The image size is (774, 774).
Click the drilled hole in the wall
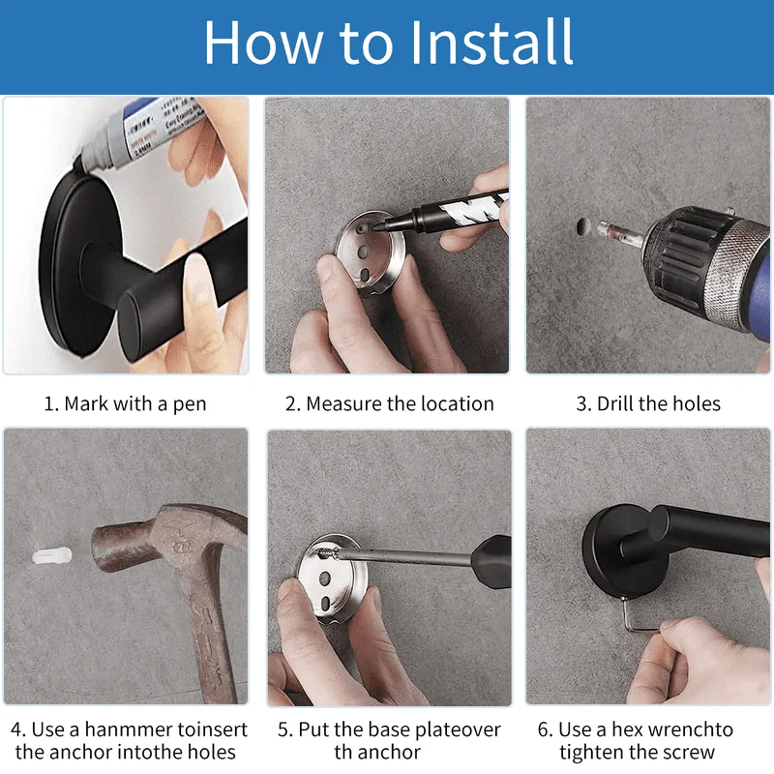click(583, 226)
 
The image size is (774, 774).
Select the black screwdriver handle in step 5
click(491, 563)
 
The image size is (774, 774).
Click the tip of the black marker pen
click(377, 227)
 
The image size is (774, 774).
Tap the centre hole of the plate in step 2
click(364, 253)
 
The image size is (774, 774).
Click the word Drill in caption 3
click(614, 403)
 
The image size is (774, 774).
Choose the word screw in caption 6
click(688, 753)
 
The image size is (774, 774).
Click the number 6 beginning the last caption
click(543, 730)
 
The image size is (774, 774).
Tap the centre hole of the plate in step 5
click(325, 578)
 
